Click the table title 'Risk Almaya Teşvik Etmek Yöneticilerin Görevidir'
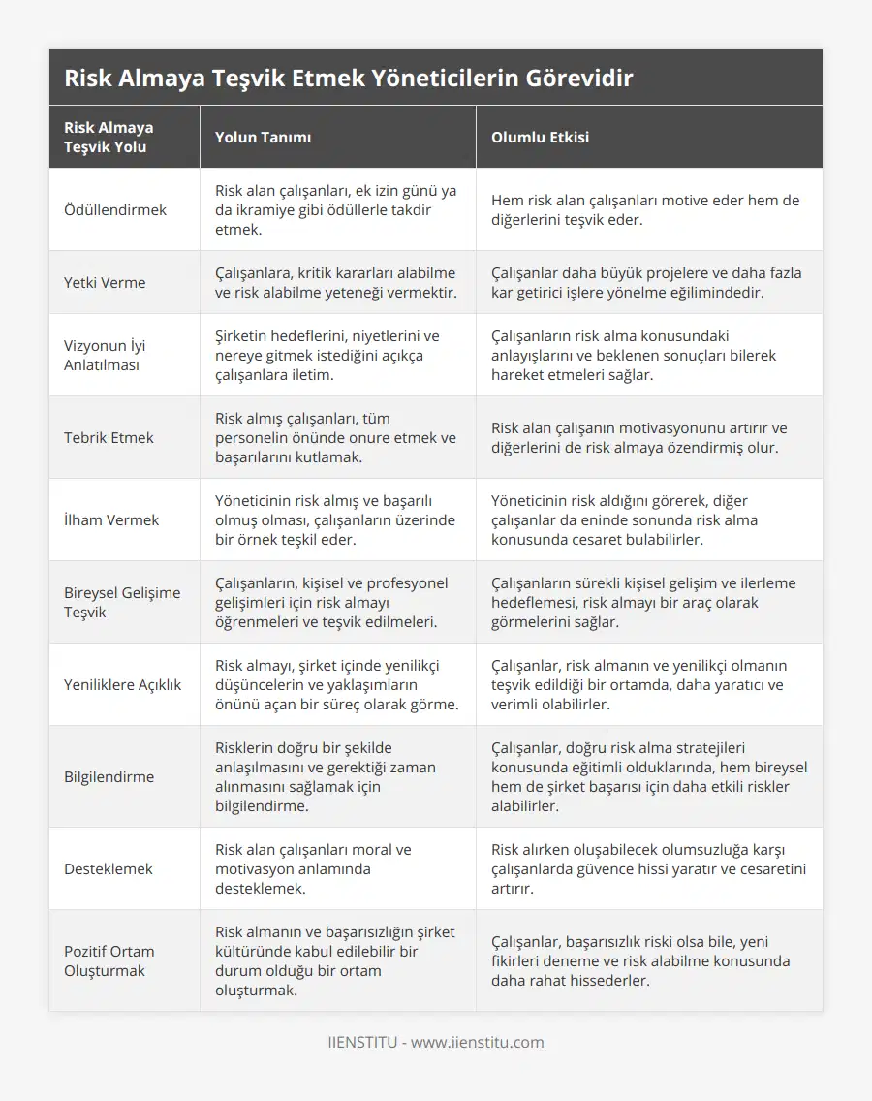[x=348, y=78]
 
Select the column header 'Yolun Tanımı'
[x=263, y=137]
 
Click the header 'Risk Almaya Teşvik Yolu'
[x=109, y=137]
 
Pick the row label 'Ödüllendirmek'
[x=115, y=209]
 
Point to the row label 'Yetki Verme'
[x=105, y=282]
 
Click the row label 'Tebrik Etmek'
[x=109, y=437]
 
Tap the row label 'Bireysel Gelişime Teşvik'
[x=122, y=602]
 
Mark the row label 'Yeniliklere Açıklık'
[x=122, y=684]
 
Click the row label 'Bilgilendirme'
[x=109, y=776]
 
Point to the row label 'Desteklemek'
[x=109, y=868]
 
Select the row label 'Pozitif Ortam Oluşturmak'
[x=109, y=960]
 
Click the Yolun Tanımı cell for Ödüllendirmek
[x=335, y=209]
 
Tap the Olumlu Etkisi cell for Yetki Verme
[x=646, y=282]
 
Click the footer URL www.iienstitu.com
[x=477, y=1043]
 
